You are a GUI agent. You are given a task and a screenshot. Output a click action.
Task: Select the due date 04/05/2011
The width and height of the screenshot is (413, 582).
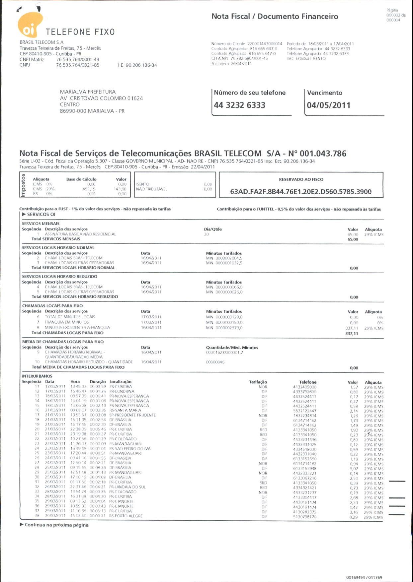pyautogui.click(x=328, y=105)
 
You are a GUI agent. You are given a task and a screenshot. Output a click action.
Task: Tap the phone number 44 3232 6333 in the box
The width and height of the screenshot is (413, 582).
pyautogui.click(x=239, y=105)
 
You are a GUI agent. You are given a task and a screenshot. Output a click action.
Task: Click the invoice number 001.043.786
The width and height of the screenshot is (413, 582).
pyautogui.click(x=323, y=154)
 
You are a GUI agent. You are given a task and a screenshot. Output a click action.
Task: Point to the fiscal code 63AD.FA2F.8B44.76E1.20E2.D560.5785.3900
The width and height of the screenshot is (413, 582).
pyautogui.click(x=301, y=192)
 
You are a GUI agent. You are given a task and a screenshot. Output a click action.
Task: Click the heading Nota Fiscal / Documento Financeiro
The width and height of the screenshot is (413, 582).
pyautogui.click(x=275, y=17)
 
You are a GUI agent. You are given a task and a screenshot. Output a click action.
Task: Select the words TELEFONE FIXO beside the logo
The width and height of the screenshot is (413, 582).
pyautogui.click(x=80, y=32)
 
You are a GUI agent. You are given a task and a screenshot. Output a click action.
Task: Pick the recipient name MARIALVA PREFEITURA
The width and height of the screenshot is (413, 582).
pyautogui.click(x=88, y=92)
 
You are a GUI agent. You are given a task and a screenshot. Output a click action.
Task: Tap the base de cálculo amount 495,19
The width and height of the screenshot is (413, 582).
pyautogui.click(x=89, y=189)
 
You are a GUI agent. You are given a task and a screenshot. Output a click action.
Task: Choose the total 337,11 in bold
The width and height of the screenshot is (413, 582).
pyautogui.click(x=352, y=334)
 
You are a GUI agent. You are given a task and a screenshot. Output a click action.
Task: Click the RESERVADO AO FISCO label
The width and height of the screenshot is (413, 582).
pyautogui.click(x=301, y=179)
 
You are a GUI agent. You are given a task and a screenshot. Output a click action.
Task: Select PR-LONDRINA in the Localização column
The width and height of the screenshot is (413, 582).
pyautogui.click(x=122, y=391)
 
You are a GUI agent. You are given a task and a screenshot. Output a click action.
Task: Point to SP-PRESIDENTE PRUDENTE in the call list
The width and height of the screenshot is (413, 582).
pyautogui.click(x=132, y=415)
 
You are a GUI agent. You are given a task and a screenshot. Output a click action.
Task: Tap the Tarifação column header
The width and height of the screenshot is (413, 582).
pyautogui.click(x=258, y=382)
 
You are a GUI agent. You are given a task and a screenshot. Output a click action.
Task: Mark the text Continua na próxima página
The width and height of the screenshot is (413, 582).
pyautogui.click(x=56, y=525)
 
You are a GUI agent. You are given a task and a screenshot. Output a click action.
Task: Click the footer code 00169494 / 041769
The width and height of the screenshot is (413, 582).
pyautogui.click(x=364, y=577)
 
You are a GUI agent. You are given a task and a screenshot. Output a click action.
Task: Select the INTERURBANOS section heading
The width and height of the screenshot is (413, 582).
pyautogui.click(x=37, y=376)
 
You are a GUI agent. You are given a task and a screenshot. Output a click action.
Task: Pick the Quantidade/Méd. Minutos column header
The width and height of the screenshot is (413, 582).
pyautogui.click(x=232, y=348)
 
